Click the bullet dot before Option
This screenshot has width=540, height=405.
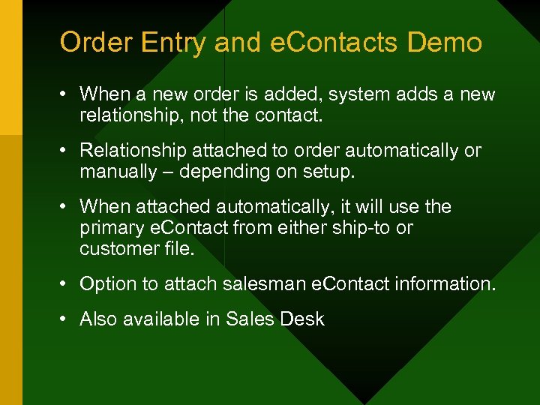point(65,284)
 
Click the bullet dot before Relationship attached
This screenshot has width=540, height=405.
point(65,151)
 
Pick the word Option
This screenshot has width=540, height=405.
point(106,284)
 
